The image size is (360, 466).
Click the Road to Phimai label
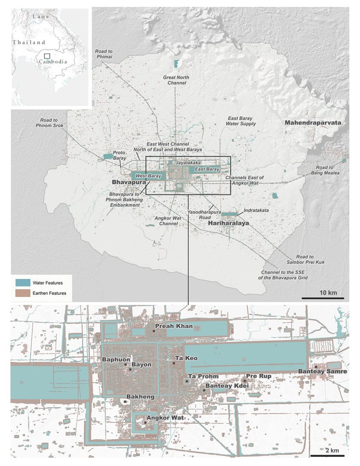pos(103,54)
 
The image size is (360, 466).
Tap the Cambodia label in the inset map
pos(53,61)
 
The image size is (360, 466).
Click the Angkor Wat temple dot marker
pos(145,423)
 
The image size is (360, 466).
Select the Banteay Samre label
pos(322,371)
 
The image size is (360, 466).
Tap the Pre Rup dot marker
pos(244,380)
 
